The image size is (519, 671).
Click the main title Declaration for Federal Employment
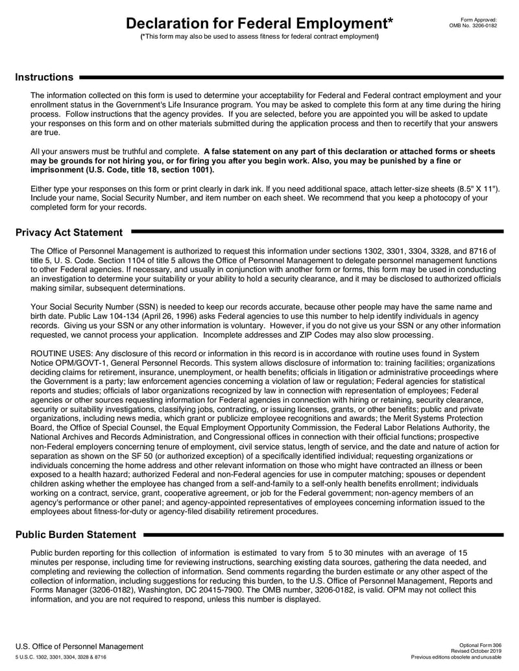[x=259, y=24]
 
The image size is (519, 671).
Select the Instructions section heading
[x=44, y=77]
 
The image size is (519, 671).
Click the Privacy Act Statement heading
[x=69, y=232]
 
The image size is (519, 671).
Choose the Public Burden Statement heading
[x=76, y=535]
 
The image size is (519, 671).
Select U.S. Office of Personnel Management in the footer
[x=80, y=646]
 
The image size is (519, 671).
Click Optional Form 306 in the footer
[x=480, y=646]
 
